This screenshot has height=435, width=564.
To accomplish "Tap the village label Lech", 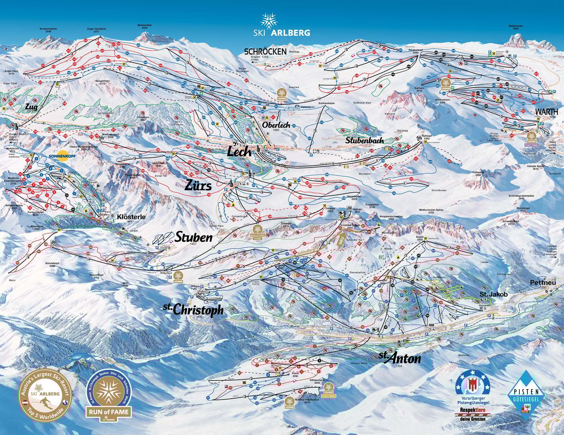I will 239,152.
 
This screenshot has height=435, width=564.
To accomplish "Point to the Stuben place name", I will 193,237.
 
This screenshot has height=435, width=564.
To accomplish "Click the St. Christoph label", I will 193,309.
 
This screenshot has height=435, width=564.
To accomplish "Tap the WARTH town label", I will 546,111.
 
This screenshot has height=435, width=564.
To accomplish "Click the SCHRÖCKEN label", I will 265,51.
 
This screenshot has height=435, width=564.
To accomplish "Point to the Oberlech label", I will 276,125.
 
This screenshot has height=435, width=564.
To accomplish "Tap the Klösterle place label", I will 131,217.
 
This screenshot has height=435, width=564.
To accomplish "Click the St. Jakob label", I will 493,294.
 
